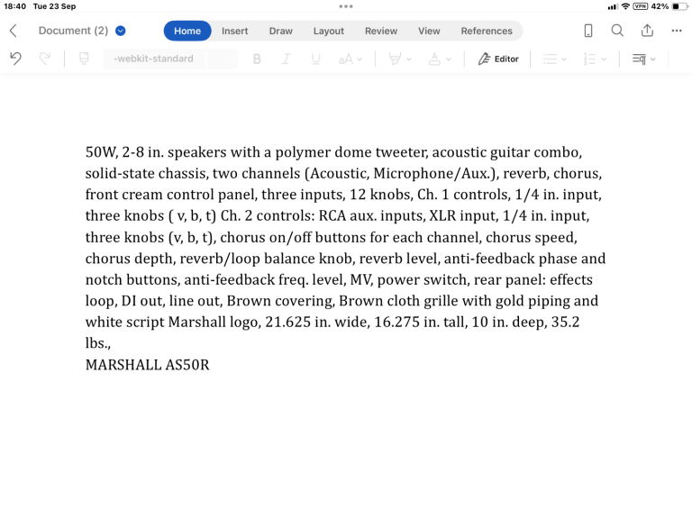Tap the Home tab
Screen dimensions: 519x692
point(187,31)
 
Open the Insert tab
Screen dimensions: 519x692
point(234,31)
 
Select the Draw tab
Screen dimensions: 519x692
point(281,31)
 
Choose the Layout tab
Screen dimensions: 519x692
point(328,31)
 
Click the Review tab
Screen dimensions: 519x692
point(380,31)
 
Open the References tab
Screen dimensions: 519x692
point(487,31)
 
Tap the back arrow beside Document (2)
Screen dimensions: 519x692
point(13,31)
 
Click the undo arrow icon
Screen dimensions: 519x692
point(15,59)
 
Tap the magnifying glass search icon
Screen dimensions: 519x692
point(617,31)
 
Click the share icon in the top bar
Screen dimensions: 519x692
point(647,31)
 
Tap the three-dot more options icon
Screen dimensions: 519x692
point(677,31)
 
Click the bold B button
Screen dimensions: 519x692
point(257,59)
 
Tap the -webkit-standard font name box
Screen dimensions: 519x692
point(153,59)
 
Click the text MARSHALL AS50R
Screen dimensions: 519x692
point(147,365)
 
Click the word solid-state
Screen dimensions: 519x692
point(123,173)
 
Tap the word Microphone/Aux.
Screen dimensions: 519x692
point(430,173)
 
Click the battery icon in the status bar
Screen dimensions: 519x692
point(680,6)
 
